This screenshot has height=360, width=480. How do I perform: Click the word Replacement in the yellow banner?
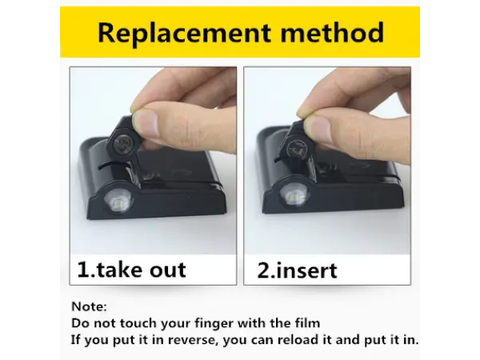[x=184, y=33]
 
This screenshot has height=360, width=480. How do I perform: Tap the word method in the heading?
[x=332, y=32]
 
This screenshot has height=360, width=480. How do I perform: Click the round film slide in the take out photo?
[x=123, y=142]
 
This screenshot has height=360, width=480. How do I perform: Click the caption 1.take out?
[x=132, y=270]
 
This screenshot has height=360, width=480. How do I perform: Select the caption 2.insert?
[x=297, y=270]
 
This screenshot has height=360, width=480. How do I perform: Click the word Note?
[x=89, y=306]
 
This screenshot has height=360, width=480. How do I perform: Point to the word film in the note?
[x=308, y=323]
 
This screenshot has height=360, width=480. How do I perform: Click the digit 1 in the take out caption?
[x=82, y=270]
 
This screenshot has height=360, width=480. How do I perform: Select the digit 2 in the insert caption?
[x=263, y=270]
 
